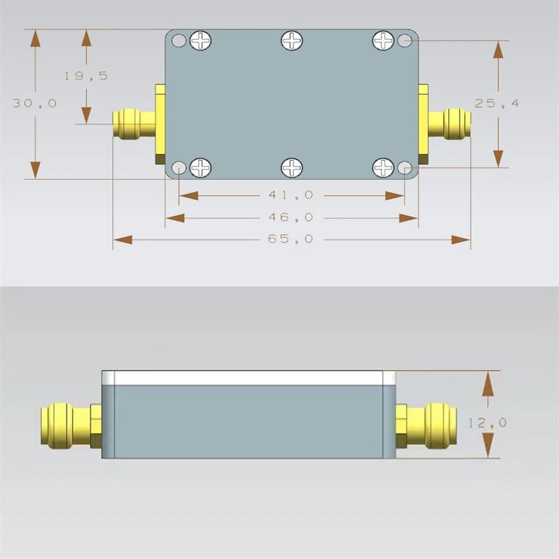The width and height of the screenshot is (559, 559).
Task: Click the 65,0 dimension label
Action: click(290, 239)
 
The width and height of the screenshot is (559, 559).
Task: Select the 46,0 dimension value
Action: click(290, 217)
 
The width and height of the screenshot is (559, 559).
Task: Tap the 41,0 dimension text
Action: click(290, 195)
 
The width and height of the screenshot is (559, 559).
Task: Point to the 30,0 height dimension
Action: click(35, 103)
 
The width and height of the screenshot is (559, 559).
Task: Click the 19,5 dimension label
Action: click(86, 76)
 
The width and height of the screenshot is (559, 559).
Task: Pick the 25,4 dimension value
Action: click(496, 104)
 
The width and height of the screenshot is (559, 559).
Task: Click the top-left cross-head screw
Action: click(200, 41)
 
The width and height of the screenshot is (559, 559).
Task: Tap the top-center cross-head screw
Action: click(292, 41)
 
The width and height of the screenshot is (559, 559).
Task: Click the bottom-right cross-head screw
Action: click(383, 168)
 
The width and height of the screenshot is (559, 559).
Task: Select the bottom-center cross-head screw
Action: click(292, 168)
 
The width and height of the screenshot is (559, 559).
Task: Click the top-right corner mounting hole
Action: click(405, 41)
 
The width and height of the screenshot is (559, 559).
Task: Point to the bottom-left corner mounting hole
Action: click(179, 168)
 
